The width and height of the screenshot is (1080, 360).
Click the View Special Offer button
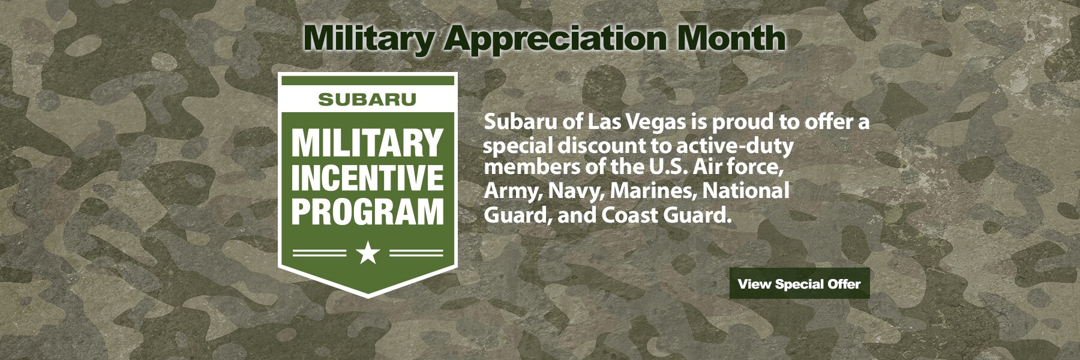[799, 284]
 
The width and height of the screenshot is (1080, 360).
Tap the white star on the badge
[368, 253]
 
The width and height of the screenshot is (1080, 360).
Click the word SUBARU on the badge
[367, 100]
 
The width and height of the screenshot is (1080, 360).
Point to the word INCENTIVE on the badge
[367, 178]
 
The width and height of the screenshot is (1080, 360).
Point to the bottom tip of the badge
[368, 298]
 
